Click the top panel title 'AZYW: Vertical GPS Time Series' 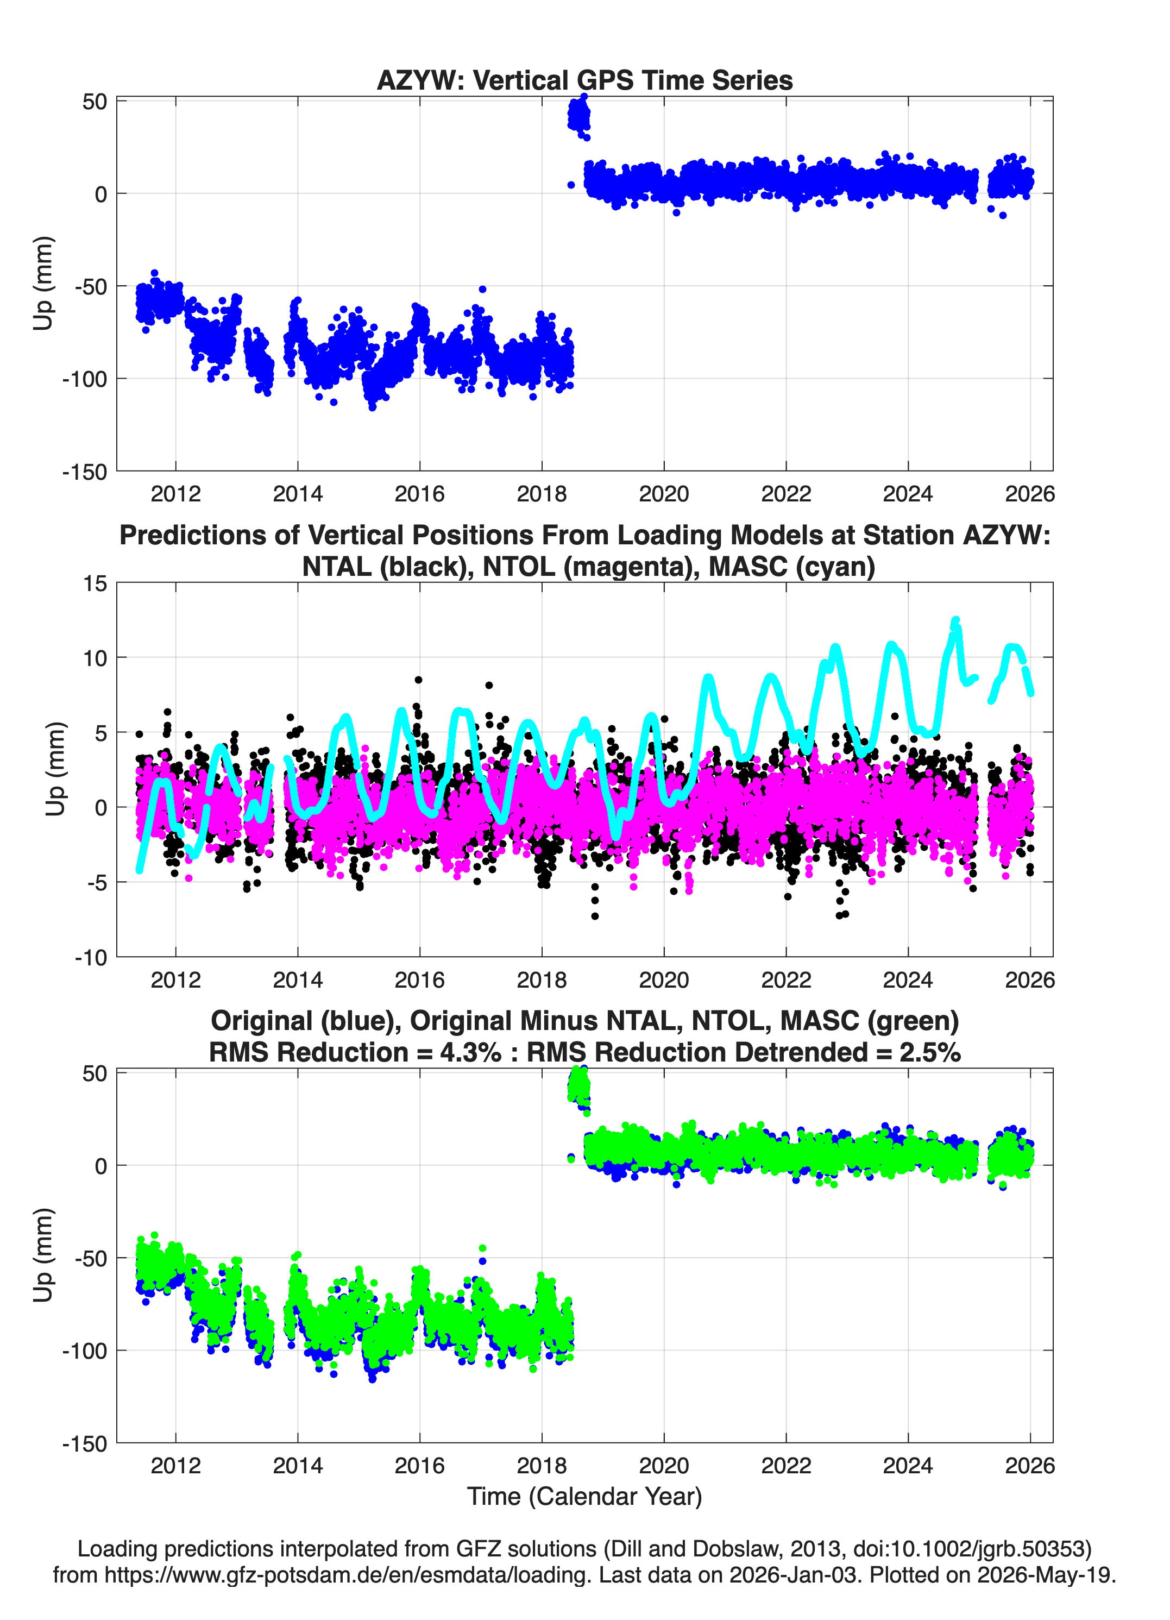(584, 80)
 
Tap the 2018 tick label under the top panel (542, 494)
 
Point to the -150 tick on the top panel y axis (84, 472)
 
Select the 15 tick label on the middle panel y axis (95, 583)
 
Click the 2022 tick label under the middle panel (786, 979)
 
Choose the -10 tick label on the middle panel (91, 957)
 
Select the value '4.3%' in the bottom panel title (471, 1052)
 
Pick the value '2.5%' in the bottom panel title (930, 1052)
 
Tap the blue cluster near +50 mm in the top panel (578, 114)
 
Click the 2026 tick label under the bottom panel (1030, 1465)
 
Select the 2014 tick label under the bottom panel (298, 1465)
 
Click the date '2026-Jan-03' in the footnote (793, 1574)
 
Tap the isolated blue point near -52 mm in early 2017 (483, 289)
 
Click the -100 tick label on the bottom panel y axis (84, 1351)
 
